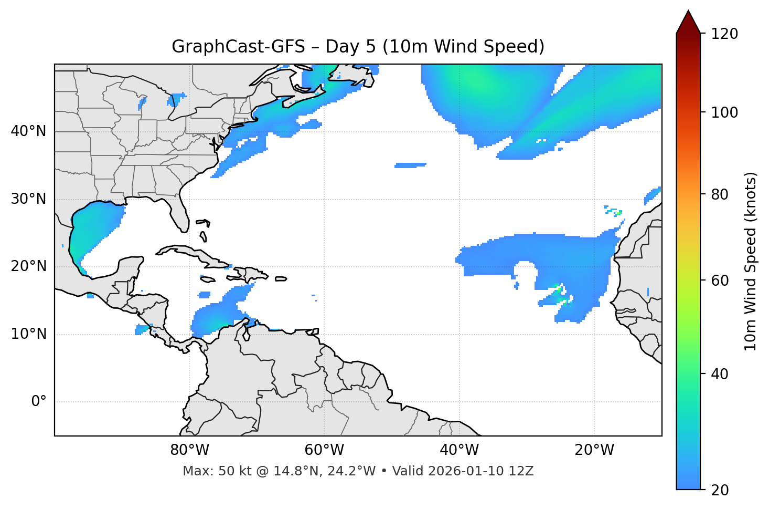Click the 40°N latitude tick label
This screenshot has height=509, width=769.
[28, 131]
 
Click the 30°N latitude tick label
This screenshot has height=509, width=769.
[28, 199]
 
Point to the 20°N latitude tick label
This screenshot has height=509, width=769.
[28, 266]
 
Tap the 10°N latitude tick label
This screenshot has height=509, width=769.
[28, 334]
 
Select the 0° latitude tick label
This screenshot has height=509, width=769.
[39, 402]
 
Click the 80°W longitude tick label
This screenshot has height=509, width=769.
[189, 450]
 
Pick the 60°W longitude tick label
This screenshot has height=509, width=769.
[324, 450]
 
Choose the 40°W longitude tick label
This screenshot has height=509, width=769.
[459, 450]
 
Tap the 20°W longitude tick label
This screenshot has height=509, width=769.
[594, 450]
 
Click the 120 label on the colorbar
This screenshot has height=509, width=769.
[724, 34]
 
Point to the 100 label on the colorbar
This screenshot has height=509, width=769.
[724, 112]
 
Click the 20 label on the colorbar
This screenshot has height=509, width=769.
[720, 490]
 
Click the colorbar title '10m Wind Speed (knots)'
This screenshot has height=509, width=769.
[751, 261]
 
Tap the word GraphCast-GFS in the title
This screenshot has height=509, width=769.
[238, 47]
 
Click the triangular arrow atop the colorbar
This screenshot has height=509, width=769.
[688, 22]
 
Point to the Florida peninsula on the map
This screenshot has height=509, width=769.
[179, 213]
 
